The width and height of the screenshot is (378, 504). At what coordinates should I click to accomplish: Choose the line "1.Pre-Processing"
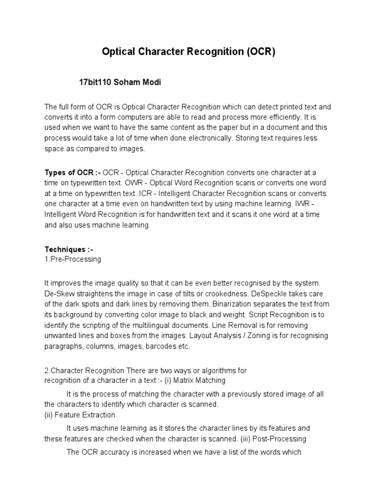click(x=73, y=259)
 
